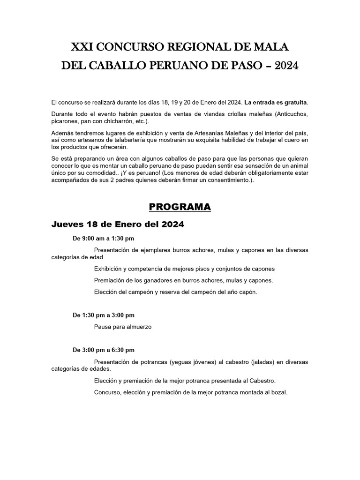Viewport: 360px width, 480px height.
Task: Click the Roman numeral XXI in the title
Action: [81, 47]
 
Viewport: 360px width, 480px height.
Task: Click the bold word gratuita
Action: [292, 102]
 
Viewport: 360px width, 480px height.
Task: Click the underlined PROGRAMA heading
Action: [180, 207]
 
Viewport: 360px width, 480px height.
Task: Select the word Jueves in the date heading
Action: [67, 225]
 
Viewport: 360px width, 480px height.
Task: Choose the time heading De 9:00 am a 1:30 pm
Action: [103, 239]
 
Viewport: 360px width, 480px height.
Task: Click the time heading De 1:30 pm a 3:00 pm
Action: [103, 315]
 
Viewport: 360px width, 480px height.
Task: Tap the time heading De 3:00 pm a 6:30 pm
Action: [103, 350]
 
